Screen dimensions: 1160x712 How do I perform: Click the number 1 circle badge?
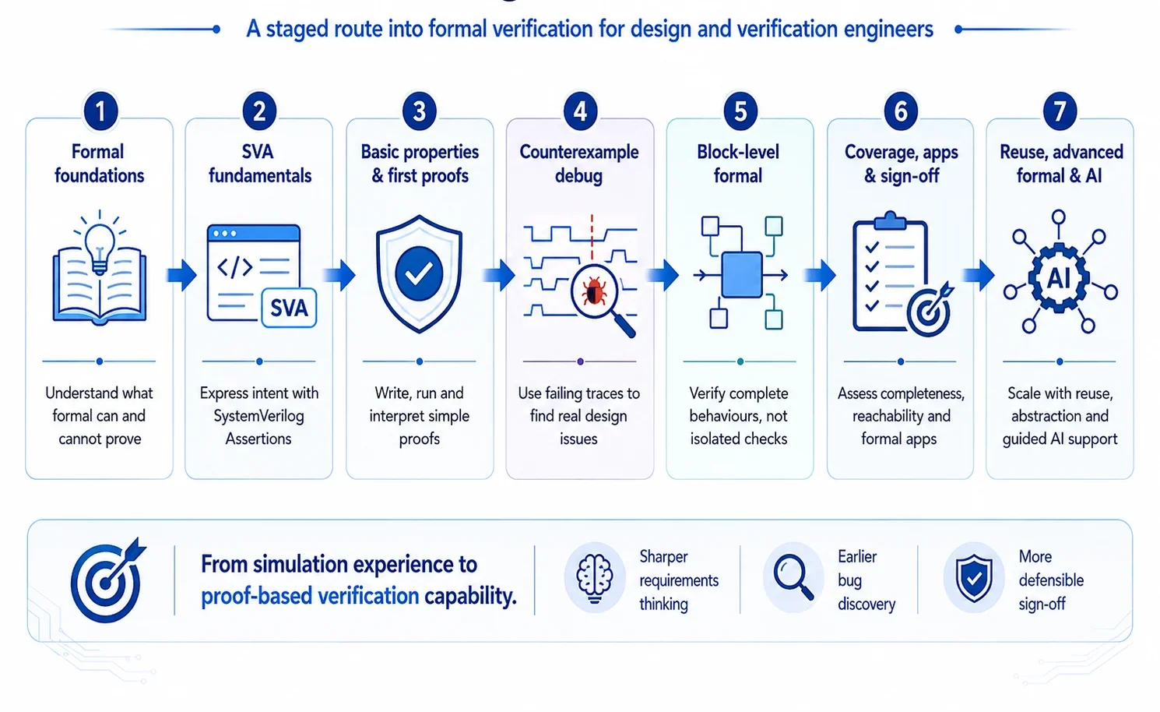tap(100, 111)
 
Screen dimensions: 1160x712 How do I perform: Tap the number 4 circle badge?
tap(581, 111)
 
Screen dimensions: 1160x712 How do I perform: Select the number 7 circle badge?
tap(1060, 111)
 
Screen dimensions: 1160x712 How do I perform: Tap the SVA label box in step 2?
tap(289, 308)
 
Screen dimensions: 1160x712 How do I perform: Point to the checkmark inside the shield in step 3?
tap(418, 273)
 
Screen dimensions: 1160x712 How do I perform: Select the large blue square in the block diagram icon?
tap(742, 275)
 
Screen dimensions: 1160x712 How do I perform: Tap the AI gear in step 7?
tap(1059, 279)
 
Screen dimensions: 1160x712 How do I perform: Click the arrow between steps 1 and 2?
tap(181, 275)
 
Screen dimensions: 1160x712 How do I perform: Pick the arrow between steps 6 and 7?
tap(979, 275)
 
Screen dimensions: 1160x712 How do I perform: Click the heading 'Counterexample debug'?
tap(579, 164)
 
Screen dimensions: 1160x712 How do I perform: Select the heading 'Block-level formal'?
tap(738, 164)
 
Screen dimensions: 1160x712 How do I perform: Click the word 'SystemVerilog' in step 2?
tap(258, 415)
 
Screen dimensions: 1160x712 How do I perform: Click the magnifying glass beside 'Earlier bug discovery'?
tap(793, 576)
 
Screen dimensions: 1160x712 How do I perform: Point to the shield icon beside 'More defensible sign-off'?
tap(974, 578)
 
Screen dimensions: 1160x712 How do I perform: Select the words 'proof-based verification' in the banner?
tap(310, 596)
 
